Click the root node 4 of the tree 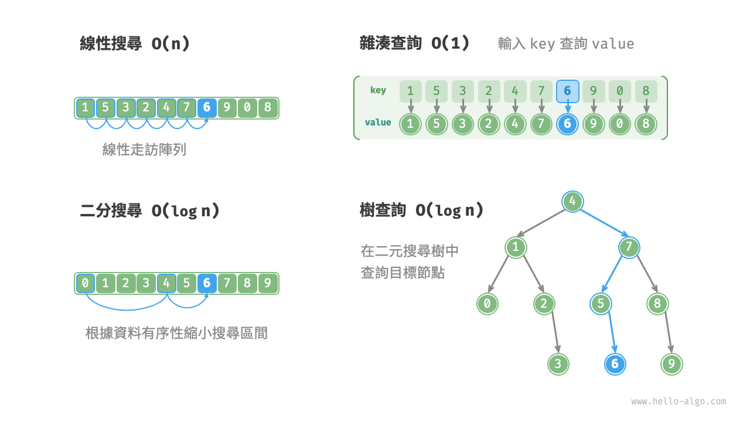tap(572, 202)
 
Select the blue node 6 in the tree tap(615, 364)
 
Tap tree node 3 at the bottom tap(558, 364)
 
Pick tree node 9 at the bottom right tap(671, 364)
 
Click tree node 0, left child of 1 tap(487, 304)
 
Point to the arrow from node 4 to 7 tap(603, 225)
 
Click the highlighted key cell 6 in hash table tap(567, 91)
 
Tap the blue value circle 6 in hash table tap(567, 124)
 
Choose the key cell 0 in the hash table tap(620, 91)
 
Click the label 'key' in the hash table tap(378, 90)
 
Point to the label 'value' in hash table tap(378, 122)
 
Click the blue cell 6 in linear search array tap(206, 108)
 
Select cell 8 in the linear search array tap(267, 108)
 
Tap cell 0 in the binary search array tap(86, 284)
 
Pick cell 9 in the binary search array tap(267, 284)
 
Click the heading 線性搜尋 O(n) tap(135, 44)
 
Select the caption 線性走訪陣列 tap(144, 149)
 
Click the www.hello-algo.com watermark tap(679, 401)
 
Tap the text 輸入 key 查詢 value tap(566, 44)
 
